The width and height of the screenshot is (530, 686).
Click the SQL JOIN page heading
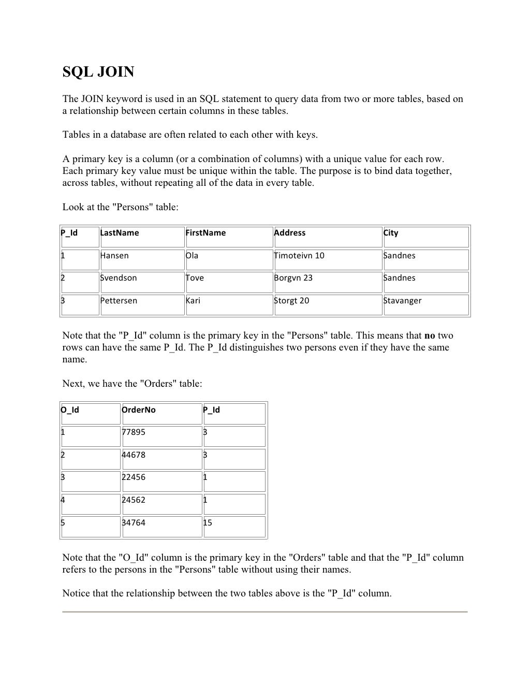click(x=98, y=72)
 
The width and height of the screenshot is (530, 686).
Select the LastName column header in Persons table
click(x=120, y=233)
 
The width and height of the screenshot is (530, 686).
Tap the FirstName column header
click(x=205, y=233)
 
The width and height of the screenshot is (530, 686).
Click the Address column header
click(x=290, y=233)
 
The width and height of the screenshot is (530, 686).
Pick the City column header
click(x=391, y=233)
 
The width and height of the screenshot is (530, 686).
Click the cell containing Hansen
click(x=114, y=256)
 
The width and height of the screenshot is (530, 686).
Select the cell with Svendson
click(x=119, y=278)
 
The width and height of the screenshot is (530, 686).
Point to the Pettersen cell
click(x=119, y=301)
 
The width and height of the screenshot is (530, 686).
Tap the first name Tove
click(x=195, y=278)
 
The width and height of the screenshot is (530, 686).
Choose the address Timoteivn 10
click(x=299, y=256)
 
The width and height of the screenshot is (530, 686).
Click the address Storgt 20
click(x=291, y=301)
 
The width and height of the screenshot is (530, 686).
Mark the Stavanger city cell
click(x=402, y=301)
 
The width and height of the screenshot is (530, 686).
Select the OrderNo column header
click(x=138, y=410)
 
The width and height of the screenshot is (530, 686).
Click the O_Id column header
click(x=70, y=410)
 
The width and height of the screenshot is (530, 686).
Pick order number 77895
click(x=134, y=432)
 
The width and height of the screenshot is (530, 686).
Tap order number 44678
click(x=134, y=455)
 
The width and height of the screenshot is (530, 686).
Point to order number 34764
click(x=134, y=523)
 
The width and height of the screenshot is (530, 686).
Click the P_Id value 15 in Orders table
click(x=208, y=523)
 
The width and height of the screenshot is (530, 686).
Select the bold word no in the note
click(x=430, y=335)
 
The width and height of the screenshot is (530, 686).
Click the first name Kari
click(x=193, y=301)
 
